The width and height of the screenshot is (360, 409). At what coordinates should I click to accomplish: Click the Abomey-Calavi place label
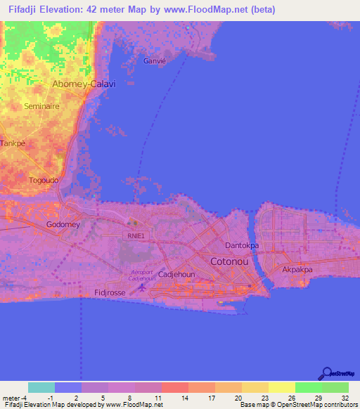pyautogui.click(x=84, y=84)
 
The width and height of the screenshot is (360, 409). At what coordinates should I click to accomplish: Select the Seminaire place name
pyautogui.click(x=41, y=106)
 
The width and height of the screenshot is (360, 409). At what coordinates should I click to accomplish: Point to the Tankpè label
pyautogui.click(x=12, y=143)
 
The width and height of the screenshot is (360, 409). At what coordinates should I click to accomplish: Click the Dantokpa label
pyautogui.click(x=242, y=245)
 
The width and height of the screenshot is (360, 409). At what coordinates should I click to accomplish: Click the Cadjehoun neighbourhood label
pyautogui.click(x=176, y=275)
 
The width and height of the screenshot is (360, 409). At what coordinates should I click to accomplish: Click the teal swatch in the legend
pyautogui.click(x=41, y=387)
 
